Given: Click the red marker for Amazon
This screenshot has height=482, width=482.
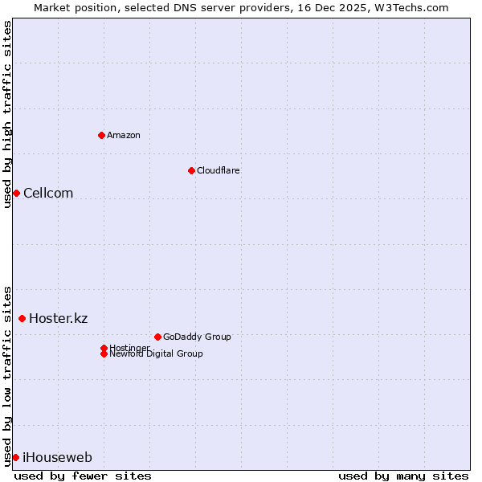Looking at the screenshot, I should (101, 135).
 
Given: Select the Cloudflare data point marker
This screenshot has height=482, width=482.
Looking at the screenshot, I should (191, 170).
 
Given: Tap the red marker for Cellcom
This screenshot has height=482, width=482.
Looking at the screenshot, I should (16, 193).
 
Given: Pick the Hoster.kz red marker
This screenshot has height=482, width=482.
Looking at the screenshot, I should (22, 318).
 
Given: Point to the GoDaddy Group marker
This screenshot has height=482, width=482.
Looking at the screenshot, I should (157, 337).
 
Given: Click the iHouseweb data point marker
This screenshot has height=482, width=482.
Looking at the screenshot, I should (15, 457).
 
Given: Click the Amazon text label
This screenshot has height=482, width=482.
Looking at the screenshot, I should (124, 135).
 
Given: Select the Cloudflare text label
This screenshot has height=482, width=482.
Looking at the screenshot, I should (219, 170).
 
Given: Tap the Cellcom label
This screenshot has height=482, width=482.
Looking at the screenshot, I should (48, 193).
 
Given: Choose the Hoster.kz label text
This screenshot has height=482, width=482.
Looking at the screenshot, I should (59, 318).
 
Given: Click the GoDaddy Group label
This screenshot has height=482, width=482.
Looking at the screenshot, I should (197, 337).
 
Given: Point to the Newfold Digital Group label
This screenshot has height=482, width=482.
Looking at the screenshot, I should (156, 354).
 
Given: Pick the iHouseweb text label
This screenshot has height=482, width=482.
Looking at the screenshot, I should (57, 457).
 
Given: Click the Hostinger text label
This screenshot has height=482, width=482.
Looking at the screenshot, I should (129, 347).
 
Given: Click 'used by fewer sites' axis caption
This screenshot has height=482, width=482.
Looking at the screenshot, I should (83, 476).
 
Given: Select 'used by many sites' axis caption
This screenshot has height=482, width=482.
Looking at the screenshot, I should (403, 476).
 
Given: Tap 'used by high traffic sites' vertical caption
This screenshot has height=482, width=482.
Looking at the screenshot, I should (7, 113).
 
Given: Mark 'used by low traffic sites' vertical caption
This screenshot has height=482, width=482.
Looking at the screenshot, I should (7, 375).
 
